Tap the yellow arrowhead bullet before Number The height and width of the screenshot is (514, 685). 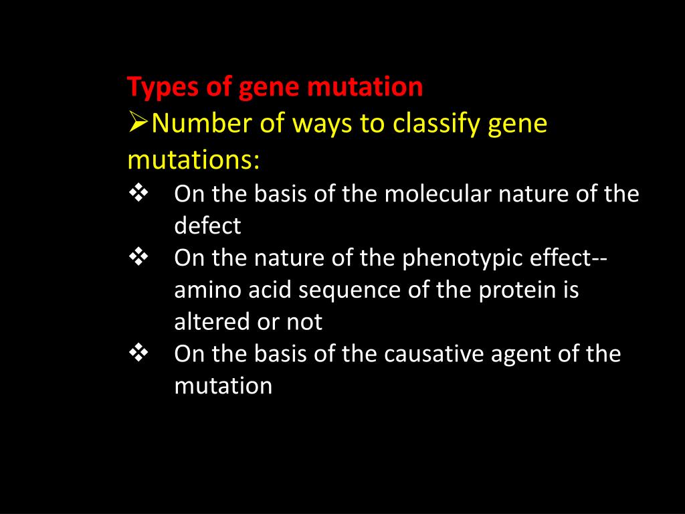click(138, 123)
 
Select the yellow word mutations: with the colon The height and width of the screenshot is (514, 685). click(193, 161)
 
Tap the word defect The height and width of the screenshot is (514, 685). click(207, 226)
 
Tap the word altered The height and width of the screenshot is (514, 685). click(212, 323)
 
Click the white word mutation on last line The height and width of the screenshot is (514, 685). click(223, 386)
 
